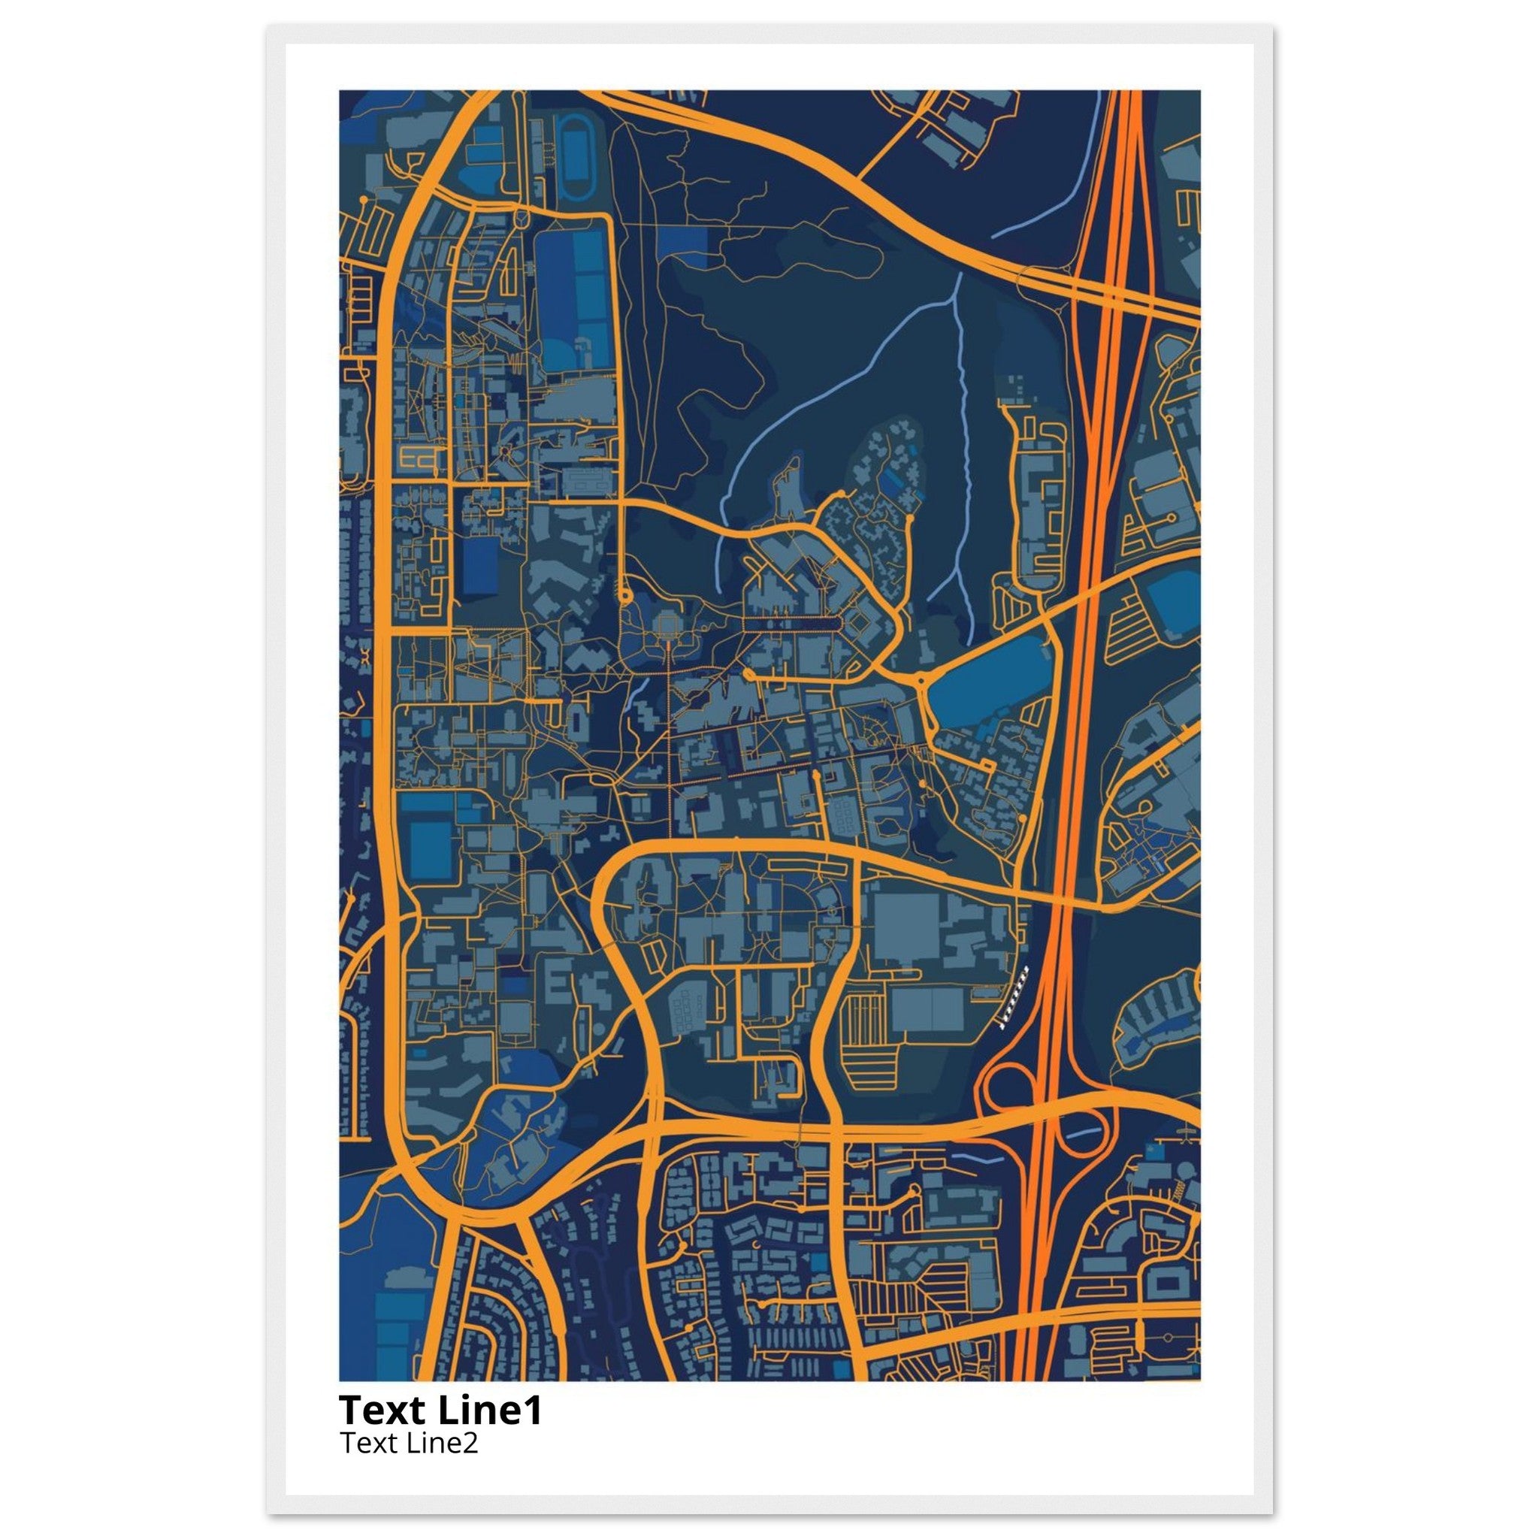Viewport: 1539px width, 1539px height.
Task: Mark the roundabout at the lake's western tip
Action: point(921,681)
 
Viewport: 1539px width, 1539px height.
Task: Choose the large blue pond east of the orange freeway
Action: point(1172,603)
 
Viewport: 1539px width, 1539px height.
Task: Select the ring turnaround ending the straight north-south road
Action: point(625,595)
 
